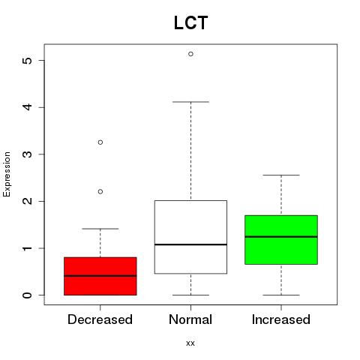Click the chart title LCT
click(x=190, y=22)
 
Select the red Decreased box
click(x=100, y=276)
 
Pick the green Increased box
click(x=281, y=239)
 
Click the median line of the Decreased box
click(x=100, y=276)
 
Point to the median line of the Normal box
click(x=190, y=244)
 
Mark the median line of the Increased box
click(x=281, y=236)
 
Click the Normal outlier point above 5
click(x=190, y=54)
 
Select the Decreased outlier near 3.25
click(x=100, y=142)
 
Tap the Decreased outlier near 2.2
click(x=100, y=192)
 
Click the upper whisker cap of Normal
click(x=190, y=102)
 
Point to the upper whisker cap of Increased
click(x=281, y=175)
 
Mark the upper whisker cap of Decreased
click(x=100, y=229)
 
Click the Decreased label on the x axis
click(x=100, y=319)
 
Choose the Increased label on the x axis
click(x=281, y=319)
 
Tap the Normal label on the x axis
click(x=190, y=319)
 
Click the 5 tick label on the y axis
click(x=27, y=61)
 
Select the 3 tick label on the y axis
click(x=27, y=154)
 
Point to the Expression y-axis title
click(x=7, y=174)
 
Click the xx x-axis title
click(x=190, y=343)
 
